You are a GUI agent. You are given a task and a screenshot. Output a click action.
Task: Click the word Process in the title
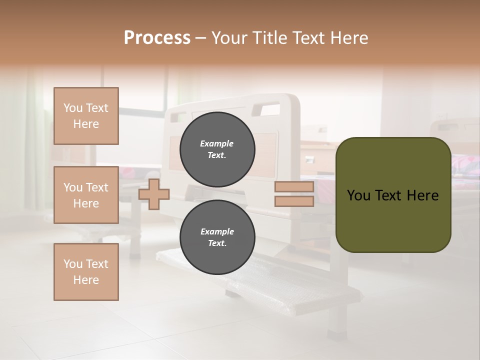(157, 38)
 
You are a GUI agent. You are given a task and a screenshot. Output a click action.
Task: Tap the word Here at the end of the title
(347, 38)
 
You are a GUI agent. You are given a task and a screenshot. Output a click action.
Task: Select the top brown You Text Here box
(86, 116)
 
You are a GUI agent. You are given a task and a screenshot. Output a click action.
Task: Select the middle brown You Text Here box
(86, 195)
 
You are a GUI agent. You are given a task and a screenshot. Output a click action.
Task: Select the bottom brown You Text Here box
(86, 271)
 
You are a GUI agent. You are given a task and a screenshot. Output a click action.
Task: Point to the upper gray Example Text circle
(217, 149)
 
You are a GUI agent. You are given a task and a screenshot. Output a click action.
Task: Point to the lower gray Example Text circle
(217, 237)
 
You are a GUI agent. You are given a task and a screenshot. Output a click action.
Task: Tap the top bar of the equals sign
(294, 187)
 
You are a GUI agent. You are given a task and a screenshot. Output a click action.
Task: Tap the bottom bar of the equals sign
(294, 201)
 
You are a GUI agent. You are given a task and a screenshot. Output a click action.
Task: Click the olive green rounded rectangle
(393, 220)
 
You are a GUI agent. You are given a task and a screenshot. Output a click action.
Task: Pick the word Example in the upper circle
(217, 143)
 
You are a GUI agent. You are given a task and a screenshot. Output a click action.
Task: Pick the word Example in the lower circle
(217, 231)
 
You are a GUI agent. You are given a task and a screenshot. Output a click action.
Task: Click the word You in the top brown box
(73, 108)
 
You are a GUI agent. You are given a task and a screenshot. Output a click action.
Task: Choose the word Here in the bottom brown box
(86, 280)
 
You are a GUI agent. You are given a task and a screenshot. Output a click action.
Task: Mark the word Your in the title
(230, 38)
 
